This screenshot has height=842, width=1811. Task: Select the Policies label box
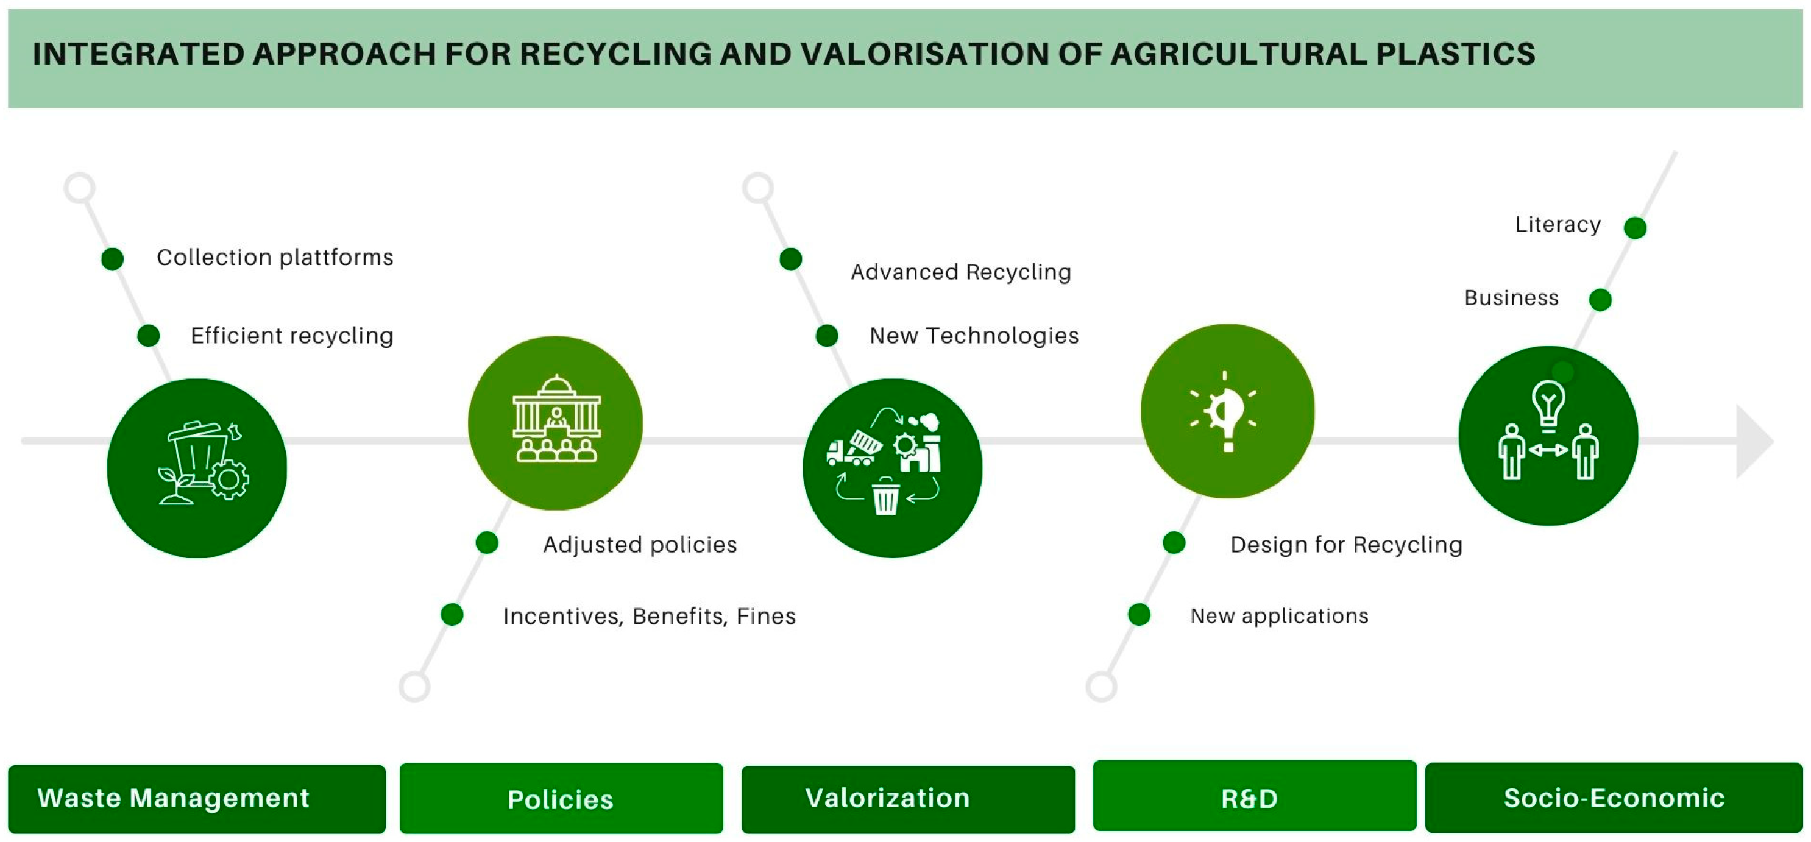coord(561,799)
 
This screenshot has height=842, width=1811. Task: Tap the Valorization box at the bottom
coord(907,799)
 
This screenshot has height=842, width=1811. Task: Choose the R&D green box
coord(1253,796)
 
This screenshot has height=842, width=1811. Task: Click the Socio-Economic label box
coord(1614,798)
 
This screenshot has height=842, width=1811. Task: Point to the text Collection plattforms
coord(275,258)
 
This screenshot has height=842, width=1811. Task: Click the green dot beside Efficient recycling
coord(148,336)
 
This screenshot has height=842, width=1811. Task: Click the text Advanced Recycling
coord(960,272)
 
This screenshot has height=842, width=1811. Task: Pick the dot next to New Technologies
coord(827,336)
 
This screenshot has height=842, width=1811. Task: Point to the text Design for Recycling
coord(1345,545)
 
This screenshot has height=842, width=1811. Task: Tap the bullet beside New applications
coord(1139,614)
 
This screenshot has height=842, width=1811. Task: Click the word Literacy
coord(1558,225)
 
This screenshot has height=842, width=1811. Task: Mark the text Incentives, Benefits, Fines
coord(649,617)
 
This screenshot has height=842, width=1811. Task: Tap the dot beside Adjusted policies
coord(486,543)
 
